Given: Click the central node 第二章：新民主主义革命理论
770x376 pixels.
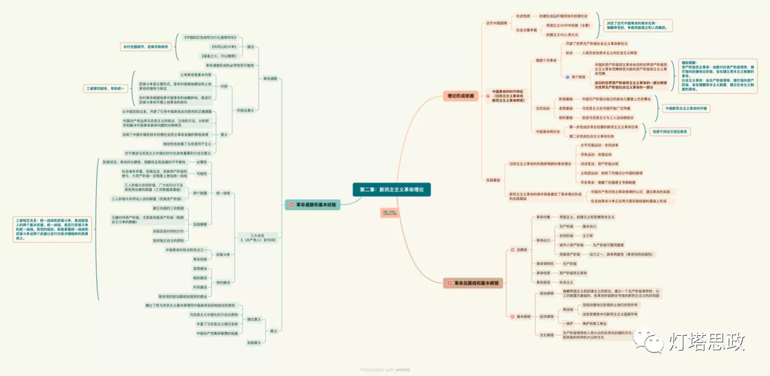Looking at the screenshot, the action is tap(391, 190).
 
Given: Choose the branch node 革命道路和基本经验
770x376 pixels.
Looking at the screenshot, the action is tap(314, 205).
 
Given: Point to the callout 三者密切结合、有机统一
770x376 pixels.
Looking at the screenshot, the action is tap(106, 88).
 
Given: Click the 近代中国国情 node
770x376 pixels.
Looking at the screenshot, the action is tap(496, 23).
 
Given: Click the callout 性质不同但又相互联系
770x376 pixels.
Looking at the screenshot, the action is tap(669, 131).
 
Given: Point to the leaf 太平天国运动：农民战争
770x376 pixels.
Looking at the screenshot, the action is tap(601, 146).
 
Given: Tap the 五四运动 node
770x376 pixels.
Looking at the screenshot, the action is tap(542, 108).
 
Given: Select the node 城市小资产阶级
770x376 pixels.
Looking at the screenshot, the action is tap(571, 245).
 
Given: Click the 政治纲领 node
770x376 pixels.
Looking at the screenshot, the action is tap(547, 294).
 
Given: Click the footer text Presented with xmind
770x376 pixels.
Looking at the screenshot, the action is tap(385, 369).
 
